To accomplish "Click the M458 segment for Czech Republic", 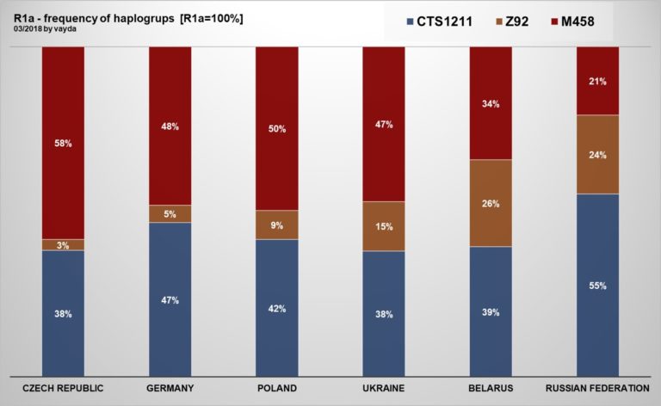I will [63, 142].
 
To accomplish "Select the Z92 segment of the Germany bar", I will [170, 213].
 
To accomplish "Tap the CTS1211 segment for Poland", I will [276, 307].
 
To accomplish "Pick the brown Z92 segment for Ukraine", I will [383, 226].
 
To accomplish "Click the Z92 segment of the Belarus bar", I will [491, 203].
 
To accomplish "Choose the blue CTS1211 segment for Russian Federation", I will [597, 285].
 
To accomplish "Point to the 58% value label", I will [63, 144].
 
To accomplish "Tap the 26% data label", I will [491, 204].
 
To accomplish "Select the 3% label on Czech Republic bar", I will [63, 245].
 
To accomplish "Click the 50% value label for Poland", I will [276, 129].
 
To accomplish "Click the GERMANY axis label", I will [170, 388].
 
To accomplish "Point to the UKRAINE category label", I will [383, 388].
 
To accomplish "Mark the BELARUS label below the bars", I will [491, 388].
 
